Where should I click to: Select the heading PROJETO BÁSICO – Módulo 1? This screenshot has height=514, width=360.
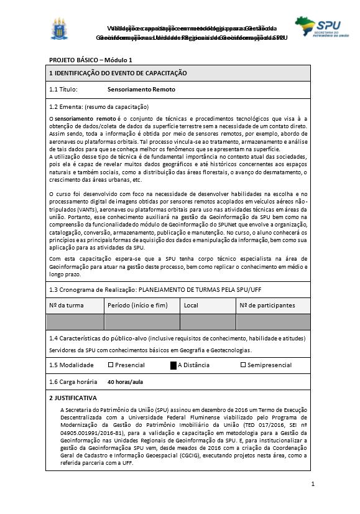click(91, 60)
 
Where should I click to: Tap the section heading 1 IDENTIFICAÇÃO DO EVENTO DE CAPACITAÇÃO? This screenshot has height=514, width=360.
click(118, 73)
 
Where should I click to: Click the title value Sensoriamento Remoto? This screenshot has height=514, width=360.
click(137, 90)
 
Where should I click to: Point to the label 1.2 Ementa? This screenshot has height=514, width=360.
click(65, 106)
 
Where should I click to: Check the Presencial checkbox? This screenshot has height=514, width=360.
click(111, 365)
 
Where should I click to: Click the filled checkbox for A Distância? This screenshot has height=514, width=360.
click(173, 365)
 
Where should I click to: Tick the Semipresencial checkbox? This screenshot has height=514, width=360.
click(243, 365)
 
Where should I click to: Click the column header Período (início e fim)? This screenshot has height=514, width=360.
click(137, 306)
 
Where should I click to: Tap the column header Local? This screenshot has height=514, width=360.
click(191, 306)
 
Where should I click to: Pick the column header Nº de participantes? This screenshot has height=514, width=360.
click(267, 306)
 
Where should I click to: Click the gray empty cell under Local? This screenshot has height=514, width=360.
click(208, 322)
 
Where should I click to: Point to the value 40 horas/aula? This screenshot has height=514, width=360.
click(126, 381)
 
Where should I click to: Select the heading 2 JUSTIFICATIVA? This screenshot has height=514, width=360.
click(73, 397)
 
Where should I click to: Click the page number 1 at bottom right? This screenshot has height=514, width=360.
click(313, 484)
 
